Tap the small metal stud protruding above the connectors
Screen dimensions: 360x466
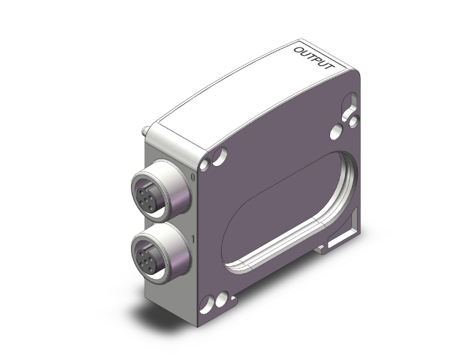tap(144, 133)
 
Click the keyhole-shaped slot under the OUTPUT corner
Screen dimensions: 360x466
tap(350, 105)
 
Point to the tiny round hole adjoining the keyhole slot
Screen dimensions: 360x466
tap(355, 118)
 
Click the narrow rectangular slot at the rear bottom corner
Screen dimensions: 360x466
tap(341, 239)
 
